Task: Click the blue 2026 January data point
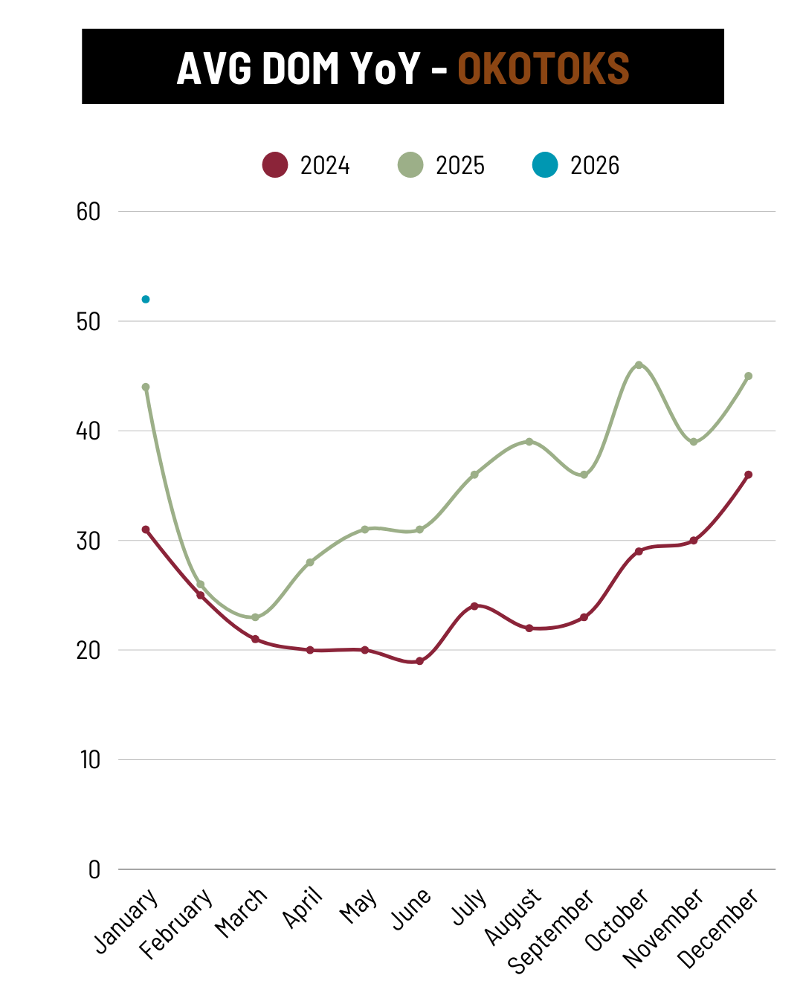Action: [146, 299]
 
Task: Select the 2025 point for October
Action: [639, 364]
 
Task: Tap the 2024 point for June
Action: [419, 661]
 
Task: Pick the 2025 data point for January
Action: [146, 387]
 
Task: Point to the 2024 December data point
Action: [748, 474]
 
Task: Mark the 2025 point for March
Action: [255, 617]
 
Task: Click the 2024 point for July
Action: [474, 606]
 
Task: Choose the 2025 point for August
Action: [529, 442]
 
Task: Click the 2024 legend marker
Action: [275, 164]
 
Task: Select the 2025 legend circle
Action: [410, 164]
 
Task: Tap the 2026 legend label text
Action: [595, 165]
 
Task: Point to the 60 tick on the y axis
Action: [88, 212]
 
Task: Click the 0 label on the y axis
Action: [94, 869]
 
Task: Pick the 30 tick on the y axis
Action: [88, 541]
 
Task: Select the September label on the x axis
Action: [551, 930]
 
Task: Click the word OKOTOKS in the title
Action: [544, 68]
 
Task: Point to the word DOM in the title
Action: [301, 68]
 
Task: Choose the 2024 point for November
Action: [694, 541]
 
